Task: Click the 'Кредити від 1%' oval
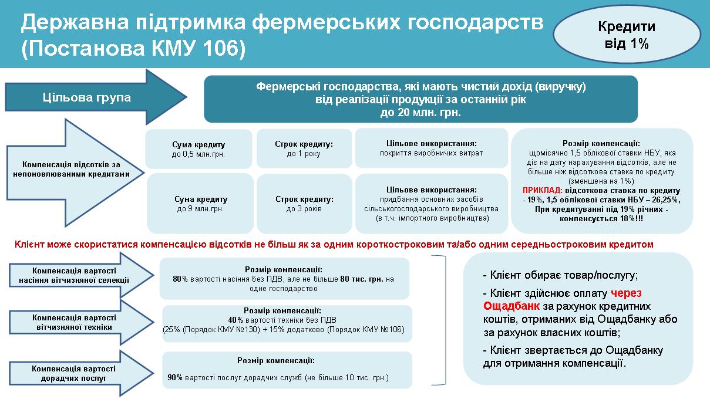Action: click(x=627, y=34)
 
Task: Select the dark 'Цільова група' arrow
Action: click(x=96, y=97)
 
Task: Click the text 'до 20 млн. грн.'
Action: click(x=420, y=113)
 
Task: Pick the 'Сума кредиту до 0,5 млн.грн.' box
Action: click(x=198, y=149)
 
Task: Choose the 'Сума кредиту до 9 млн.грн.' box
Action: click(x=200, y=204)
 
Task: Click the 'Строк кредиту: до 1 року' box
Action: click(x=304, y=148)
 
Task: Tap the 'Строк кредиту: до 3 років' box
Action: click(x=305, y=204)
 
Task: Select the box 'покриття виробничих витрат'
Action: click(x=432, y=148)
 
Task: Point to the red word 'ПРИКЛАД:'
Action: click(x=542, y=190)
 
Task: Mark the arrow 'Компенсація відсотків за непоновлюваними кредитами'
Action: click(x=75, y=173)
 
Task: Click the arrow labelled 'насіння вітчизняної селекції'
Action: click(x=81, y=275)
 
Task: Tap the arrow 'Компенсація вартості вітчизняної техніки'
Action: click(x=81, y=322)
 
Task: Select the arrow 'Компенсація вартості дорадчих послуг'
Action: click(x=81, y=373)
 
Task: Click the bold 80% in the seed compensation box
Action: click(x=180, y=279)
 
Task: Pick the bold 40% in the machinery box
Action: click(x=235, y=320)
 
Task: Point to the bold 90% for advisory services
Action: click(x=175, y=377)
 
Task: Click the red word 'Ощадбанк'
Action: click(x=512, y=306)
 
